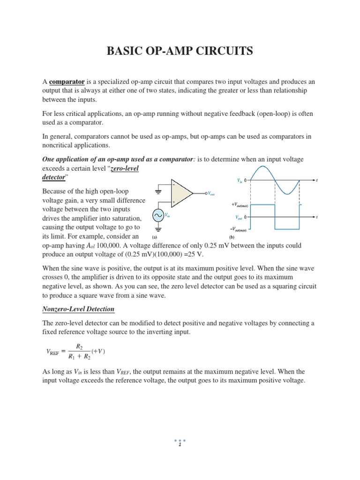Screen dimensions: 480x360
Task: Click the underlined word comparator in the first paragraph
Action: pyautogui.click(x=67, y=82)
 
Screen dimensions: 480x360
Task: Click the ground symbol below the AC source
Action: pyautogui.click(x=158, y=229)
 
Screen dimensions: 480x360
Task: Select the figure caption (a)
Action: pyautogui.click(x=155, y=237)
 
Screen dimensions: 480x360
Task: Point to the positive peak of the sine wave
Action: pyautogui.click(x=262, y=166)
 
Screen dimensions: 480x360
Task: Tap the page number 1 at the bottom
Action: pyautogui.click(x=180, y=445)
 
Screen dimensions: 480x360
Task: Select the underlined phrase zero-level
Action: pyautogui.click(x=124, y=169)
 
